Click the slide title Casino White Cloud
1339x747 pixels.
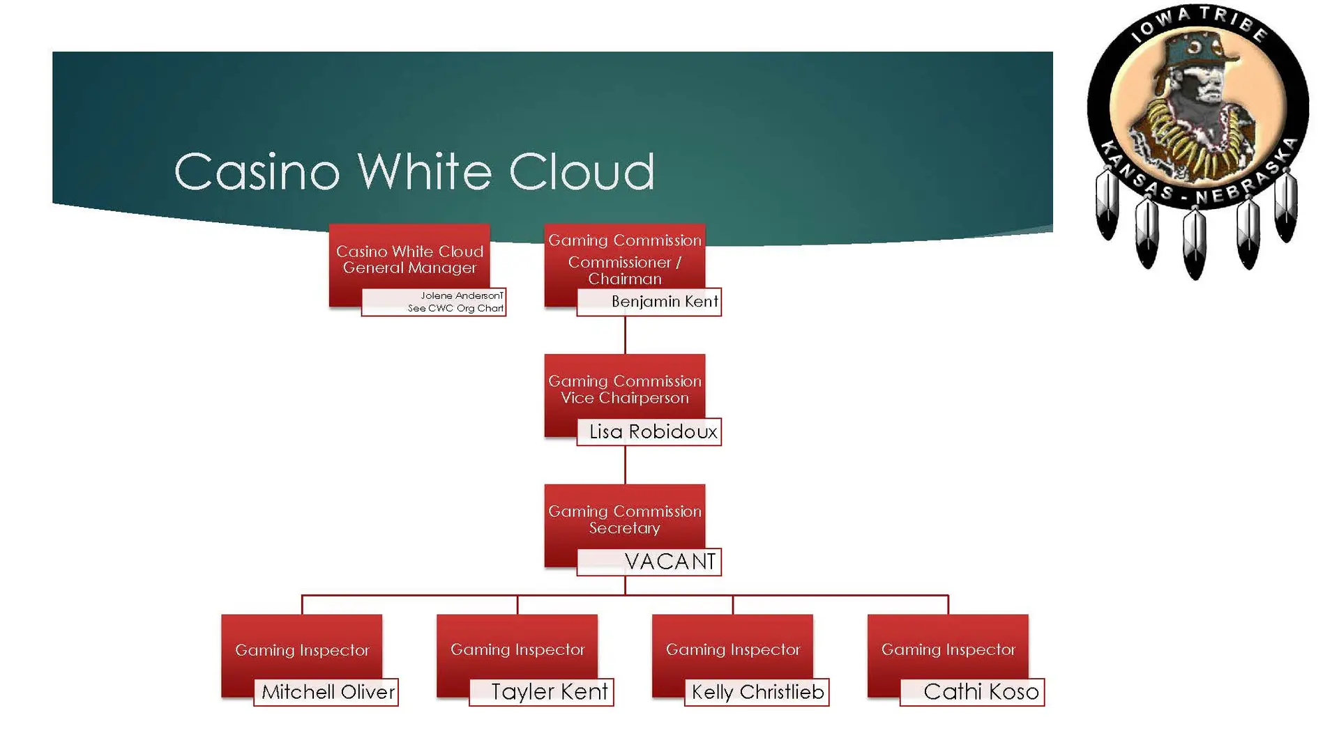pos(414,171)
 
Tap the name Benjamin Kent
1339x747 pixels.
pos(664,302)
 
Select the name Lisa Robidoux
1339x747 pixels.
pos(653,432)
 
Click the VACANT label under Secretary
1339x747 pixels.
pos(669,562)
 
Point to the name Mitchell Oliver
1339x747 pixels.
pos(328,692)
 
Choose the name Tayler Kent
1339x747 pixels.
pos(549,692)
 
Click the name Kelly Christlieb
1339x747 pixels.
pos(757,692)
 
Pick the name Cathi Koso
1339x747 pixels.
pos(981,692)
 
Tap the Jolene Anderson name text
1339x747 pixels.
pos(461,296)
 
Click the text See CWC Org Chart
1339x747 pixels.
pos(455,309)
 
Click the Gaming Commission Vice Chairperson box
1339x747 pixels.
pos(624,390)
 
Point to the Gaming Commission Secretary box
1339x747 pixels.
pos(624,520)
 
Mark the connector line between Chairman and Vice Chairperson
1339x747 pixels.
pos(625,335)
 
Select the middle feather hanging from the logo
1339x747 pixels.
pos(1195,240)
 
